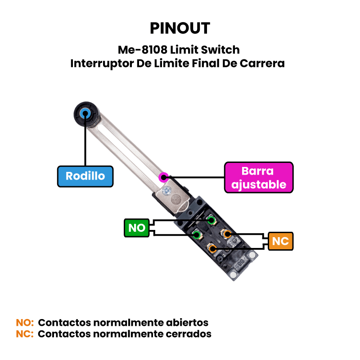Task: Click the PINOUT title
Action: tap(180, 28)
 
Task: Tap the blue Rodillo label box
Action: tap(85, 176)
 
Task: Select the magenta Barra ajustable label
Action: tap(258, 178)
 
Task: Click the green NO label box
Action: tap(137, 228)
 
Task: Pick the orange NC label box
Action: tap(280, 241)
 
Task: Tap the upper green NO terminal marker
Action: tap(211, 220)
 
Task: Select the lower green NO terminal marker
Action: tap(197, 234)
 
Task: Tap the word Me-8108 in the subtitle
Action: tap(141, 49)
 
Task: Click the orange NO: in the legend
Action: tap(25, 323)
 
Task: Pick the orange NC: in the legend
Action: tap(25, 334)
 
